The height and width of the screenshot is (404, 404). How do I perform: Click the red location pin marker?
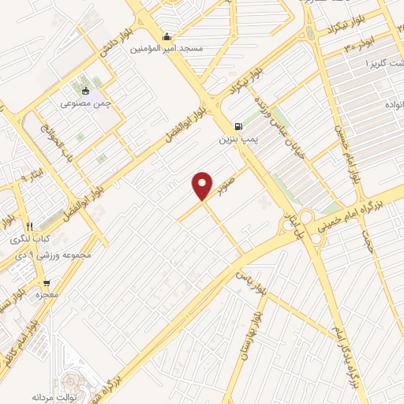coord(203,185)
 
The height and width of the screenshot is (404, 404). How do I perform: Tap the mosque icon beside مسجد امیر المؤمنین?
coord(166,36)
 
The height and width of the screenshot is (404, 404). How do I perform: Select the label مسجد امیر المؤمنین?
coord(180,49)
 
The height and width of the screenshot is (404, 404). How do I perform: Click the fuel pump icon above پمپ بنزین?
coord(238,126)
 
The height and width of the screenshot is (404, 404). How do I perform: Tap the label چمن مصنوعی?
coord(86,103)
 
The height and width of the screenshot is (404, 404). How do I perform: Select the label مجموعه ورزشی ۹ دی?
coord(47,255)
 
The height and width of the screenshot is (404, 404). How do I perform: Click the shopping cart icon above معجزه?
coord(47,282)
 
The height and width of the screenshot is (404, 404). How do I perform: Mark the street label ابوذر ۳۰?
coord(358,45)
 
